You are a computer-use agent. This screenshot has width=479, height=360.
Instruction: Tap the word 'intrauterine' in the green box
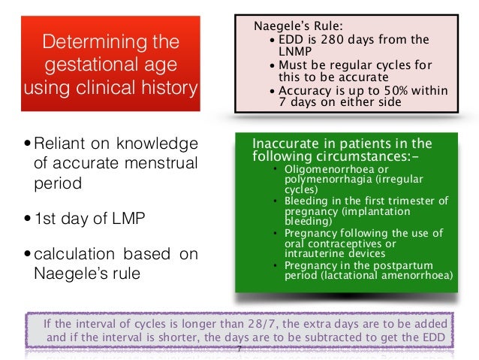pyautogui.click(x=316, y=253)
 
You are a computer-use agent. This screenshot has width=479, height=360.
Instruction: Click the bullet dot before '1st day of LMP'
pyautogui.click(x=28, y=219)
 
